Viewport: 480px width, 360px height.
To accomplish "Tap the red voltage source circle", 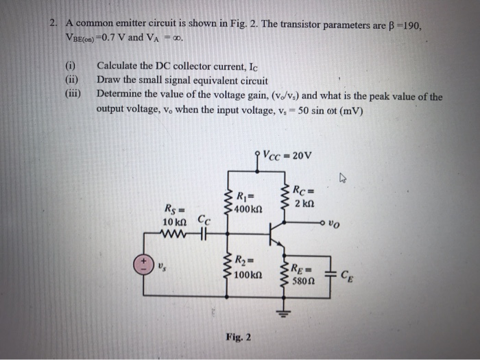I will tap(143, 264).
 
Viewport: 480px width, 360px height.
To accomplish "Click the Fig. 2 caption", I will tap(238, 337).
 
